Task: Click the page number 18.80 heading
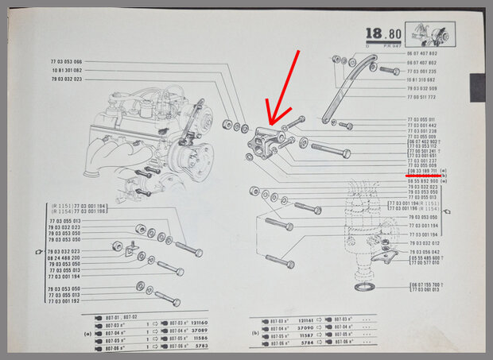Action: [382, 34]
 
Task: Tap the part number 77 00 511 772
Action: [421, 97]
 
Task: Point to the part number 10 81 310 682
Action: [421, 79]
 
